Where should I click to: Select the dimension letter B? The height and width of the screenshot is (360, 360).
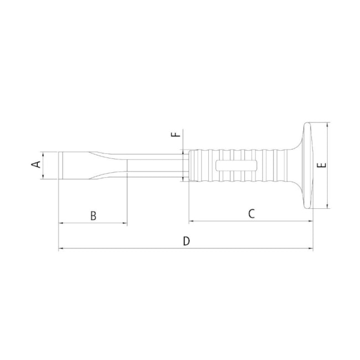[x=94, y=215]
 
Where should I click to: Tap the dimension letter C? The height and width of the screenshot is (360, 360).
[x=251, y=213]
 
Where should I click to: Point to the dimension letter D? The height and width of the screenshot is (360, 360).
[x=187, y=241]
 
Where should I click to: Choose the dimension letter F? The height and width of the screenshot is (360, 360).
[x=176, y=135]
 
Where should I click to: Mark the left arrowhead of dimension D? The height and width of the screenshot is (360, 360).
[x=61, y=249]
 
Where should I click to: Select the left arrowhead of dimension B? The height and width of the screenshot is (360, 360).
[x=61, y=223]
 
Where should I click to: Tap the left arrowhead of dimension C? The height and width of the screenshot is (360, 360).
[x=191, y=221]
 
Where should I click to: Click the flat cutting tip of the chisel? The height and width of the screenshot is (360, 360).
[x=60, y=166]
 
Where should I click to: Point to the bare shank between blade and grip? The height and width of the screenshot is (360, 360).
[x=158, y=166]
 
